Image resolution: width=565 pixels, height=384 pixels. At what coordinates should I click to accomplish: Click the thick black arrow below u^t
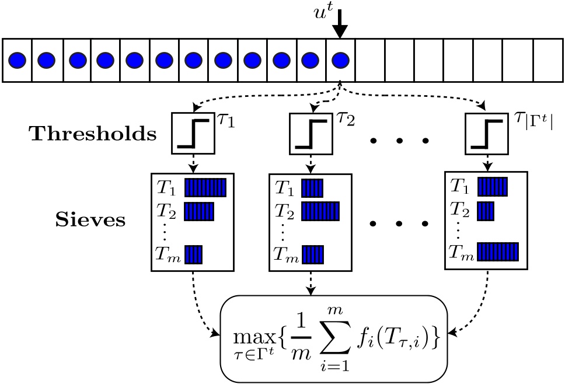coord(340,23)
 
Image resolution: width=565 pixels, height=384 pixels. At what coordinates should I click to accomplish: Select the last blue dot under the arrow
coord(340,60)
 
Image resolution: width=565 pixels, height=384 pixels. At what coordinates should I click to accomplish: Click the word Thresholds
coord(93,135)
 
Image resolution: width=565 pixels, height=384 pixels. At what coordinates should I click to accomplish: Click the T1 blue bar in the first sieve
coord(205,187)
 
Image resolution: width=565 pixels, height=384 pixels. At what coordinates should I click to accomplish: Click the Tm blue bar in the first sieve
coord(193,255)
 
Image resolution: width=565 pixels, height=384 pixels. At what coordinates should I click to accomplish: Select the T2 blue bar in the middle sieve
coord(320,210)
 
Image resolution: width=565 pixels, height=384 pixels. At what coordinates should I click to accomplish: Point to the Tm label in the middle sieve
coord(285,256)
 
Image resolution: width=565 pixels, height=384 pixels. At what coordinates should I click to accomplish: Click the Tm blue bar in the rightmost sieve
coord(498,252)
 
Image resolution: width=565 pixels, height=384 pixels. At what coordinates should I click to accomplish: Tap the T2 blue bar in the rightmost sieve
coord(486,210)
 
